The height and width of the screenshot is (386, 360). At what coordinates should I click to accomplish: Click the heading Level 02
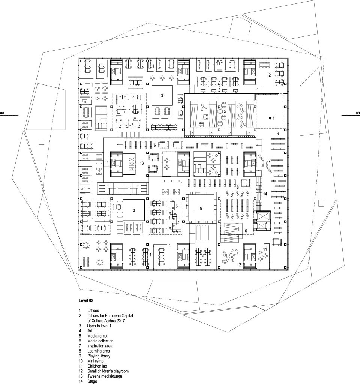86,300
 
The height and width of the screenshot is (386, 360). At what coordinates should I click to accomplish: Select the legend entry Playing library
99,356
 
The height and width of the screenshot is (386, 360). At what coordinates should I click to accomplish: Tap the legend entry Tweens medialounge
105,376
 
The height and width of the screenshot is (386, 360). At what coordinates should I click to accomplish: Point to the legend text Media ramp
97,336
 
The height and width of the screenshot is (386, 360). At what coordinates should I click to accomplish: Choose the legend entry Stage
92,381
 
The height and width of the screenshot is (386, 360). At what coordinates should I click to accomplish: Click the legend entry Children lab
97,366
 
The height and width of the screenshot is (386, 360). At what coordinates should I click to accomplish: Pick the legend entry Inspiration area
100,346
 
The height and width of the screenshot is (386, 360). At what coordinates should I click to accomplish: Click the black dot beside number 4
270,118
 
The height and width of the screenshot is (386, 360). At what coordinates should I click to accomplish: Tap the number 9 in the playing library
201,208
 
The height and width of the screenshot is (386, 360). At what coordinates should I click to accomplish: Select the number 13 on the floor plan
142,163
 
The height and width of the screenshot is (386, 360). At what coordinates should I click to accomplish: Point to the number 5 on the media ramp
225,111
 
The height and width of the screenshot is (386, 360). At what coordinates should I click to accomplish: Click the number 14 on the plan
265,194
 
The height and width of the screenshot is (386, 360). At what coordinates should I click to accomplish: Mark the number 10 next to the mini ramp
245,231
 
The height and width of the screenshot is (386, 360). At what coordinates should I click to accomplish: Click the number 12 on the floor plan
239,265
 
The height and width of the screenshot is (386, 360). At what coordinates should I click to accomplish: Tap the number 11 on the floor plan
265,249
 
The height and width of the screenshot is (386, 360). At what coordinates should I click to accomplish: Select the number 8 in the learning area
238,187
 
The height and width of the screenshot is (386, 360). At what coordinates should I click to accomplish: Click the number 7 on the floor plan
270,161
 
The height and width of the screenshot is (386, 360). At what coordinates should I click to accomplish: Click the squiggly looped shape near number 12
230,256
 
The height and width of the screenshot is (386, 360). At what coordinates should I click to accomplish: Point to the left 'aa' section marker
2,113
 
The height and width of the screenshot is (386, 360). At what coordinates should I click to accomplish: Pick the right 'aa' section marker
358,113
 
